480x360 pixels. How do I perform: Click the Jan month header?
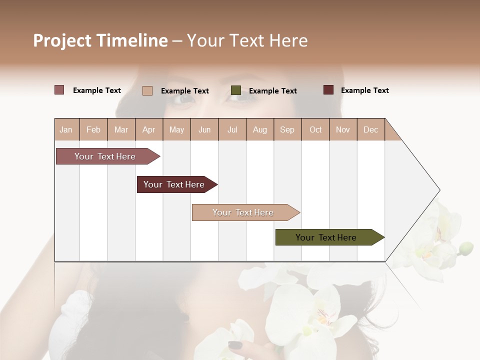pyautogui.click(x=66, y=129)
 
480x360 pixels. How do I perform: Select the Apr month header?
pyautogui.click(x=148, y=129)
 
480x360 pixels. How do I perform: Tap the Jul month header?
pyautogui.click(x=232, y=129)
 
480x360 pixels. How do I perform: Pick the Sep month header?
pyautogui.click(x=287, y=129)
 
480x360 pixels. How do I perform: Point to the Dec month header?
pyautogui.click(x=370, y=129)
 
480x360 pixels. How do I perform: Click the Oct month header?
pyautogui.click(x=315, y=129)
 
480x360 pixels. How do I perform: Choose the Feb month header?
pyautogui.click(x=93, y=129)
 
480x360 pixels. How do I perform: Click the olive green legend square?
pyautogui.click(x=236, y=90)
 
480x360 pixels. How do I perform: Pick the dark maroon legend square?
pyautogui.click(x=328, y=90)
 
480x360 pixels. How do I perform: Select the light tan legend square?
pyautogui.click(x=147, y=90)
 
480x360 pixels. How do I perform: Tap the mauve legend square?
pyautogui.click(x=59, y=90)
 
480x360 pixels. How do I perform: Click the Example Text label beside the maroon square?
pyautogui.click(x=364, y=90)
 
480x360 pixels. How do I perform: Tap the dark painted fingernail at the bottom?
pyautogui.click(x=235, y=345)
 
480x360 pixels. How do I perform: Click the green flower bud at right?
pyautogui.click(x=466, y=247)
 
